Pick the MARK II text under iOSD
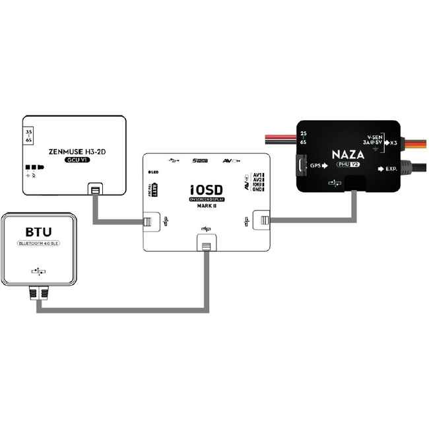(x=207, y=205)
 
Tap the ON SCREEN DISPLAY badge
(x=207, y=199)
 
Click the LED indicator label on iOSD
(x=154, y=172)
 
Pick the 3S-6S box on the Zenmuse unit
(x=28, y=140)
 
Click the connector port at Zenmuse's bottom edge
(x=96, y=190)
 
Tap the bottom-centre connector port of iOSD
(x=206, y=246)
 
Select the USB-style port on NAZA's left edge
(x=301, y=165)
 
